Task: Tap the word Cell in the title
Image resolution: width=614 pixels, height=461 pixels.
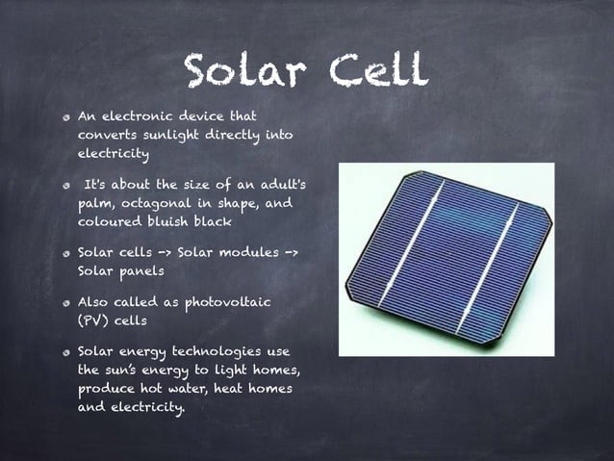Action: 375,69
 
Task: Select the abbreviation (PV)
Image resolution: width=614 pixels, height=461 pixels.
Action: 92,320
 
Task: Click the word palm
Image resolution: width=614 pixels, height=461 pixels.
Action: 94,203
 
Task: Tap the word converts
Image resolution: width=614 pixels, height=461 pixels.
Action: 106,135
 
